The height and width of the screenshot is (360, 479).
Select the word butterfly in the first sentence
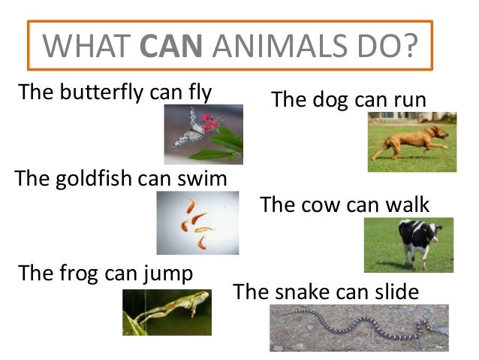point(101,92)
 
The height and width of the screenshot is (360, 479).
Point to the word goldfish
point(94,179)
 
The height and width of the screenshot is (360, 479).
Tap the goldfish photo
point(197,222)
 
